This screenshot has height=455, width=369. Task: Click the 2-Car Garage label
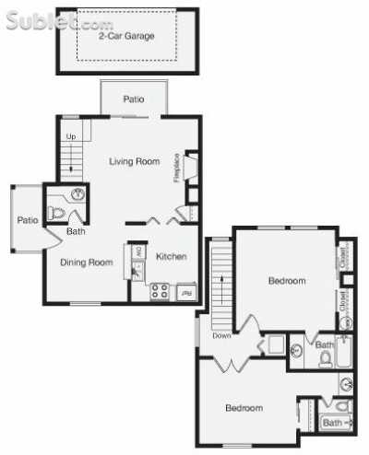pyautogui.click(x=126, y=36)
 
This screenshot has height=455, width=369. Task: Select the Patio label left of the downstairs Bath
pyautogui.click(x=27, y=220)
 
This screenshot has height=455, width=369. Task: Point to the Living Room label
pyautogui.click(x=135, y=161)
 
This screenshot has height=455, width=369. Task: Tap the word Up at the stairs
pyautogui.click(x=70, y=137)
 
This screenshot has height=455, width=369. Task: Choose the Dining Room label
pyautogui.click(x=87, y=262)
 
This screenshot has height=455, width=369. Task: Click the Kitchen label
pyautogui.click(x=172, y=256)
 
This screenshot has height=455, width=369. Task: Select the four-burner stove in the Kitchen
pyautogui.click(x=159, y=292)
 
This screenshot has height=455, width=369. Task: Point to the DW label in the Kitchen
pyautogui.click(x=139, y=251)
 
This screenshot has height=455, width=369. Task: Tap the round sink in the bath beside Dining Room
pyautogui.click(x=77, y=195)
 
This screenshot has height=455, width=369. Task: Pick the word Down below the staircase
pyautogui.click(x=221, y=335)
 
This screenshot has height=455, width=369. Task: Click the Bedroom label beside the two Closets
pyautogui.click(x=286, y=280)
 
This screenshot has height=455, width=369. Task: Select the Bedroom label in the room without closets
pyautogui.click(x=244, y=407)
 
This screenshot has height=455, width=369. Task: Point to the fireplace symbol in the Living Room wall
pyautogui.click(x=190, y=168)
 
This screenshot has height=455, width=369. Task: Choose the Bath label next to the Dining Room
pyautogui.click(x=76, y=231)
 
